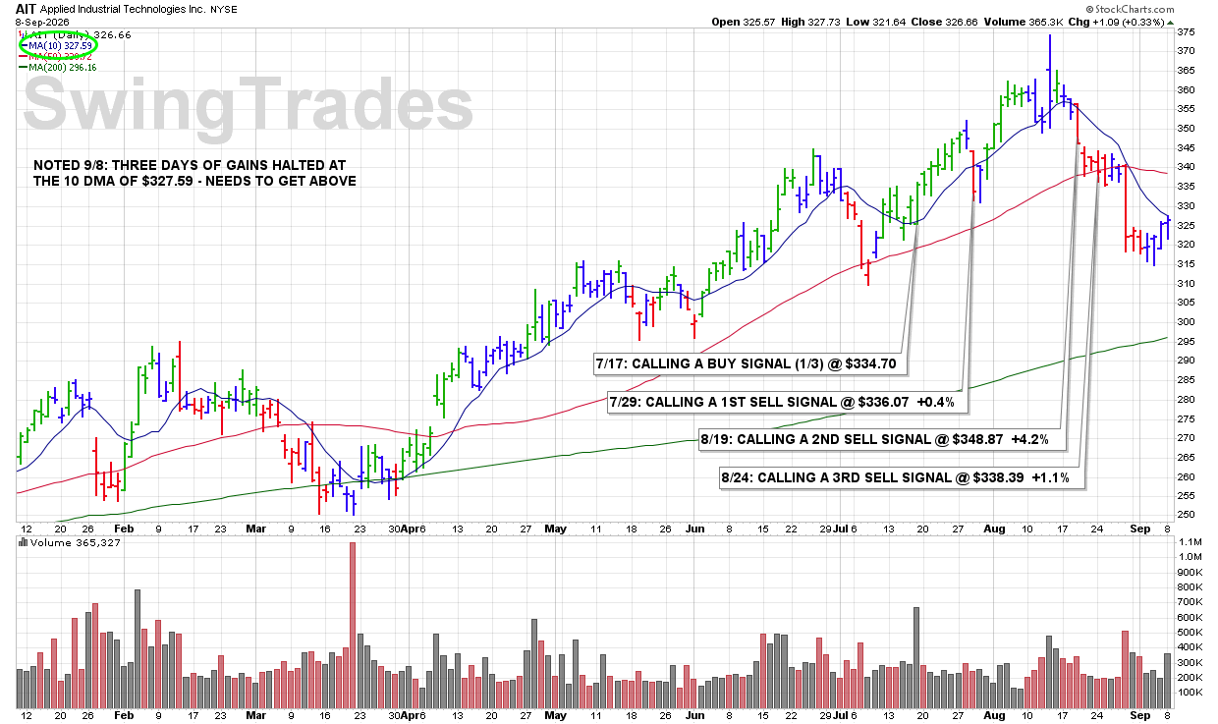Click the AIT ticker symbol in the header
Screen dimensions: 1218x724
coord(26,9)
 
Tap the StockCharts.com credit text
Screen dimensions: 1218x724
coord(1130,9)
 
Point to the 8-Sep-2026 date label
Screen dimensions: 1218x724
coord(42,23)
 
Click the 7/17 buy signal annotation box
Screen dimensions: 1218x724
coord(749,363)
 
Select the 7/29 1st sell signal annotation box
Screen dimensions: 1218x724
coord(788,402)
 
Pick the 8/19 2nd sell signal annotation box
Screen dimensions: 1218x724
coord(881,439)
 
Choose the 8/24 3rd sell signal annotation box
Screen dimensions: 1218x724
coord(902,477)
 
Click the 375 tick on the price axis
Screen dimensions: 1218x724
coord(1186,32)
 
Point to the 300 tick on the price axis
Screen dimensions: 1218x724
coord(1186,321)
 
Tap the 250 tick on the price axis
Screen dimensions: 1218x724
coord(1186,514)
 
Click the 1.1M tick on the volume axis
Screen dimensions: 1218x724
coord(1190,542)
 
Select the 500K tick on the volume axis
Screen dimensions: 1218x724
coord(1190,632)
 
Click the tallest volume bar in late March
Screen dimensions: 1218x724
coord(353,625)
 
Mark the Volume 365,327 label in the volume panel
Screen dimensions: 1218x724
coord(70,543)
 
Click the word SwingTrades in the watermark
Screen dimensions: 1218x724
coord(248,103)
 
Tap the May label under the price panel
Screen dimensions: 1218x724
coord(555,529)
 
